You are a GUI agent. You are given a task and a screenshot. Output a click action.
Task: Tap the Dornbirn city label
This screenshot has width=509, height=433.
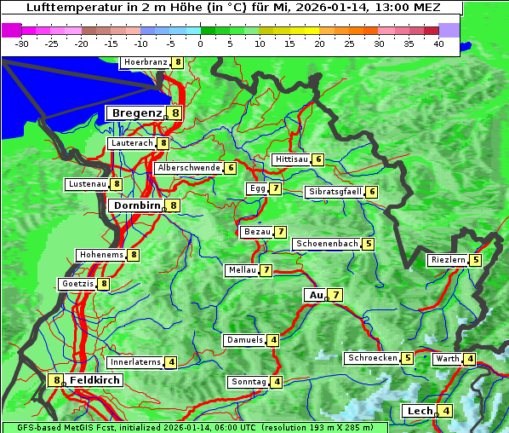click(x=134, y=205)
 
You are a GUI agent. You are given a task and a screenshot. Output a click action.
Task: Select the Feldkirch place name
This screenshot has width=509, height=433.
click(x=94, y=380)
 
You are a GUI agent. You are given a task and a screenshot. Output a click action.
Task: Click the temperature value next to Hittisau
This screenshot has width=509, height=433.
click(x=318, y=159)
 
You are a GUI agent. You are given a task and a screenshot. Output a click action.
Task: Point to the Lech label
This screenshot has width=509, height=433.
click(x=420, y=411)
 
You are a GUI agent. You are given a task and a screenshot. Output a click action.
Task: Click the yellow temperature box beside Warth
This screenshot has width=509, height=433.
click(x=470, y=359)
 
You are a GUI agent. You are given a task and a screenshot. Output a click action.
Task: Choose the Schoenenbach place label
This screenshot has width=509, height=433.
click(x=326, y=244)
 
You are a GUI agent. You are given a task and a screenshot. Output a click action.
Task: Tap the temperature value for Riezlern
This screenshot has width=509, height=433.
click(x=476, y=260)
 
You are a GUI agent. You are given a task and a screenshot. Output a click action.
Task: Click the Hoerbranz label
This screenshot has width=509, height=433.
click(x=144, y=62)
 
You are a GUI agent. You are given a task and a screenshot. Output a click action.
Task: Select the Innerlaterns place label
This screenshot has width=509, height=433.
click(x=135, y=362)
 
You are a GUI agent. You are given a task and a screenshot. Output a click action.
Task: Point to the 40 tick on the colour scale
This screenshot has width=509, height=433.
click(x=438, y=43)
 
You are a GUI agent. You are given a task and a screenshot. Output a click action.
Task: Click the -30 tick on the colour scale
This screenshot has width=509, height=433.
click(x=22, y=43)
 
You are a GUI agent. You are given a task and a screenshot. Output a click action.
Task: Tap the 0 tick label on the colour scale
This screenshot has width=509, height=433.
click(x=201, y=43)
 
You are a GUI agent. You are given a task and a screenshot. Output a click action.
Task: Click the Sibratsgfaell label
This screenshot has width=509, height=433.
click(x=335, y=192)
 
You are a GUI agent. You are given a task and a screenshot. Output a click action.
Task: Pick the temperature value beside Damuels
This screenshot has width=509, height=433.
click(x=272, y=340)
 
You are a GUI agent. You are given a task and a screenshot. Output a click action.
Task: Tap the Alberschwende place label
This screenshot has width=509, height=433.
click(x=188, y=168)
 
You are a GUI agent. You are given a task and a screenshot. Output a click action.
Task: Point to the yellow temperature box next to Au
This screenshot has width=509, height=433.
click(x=336, y=295)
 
